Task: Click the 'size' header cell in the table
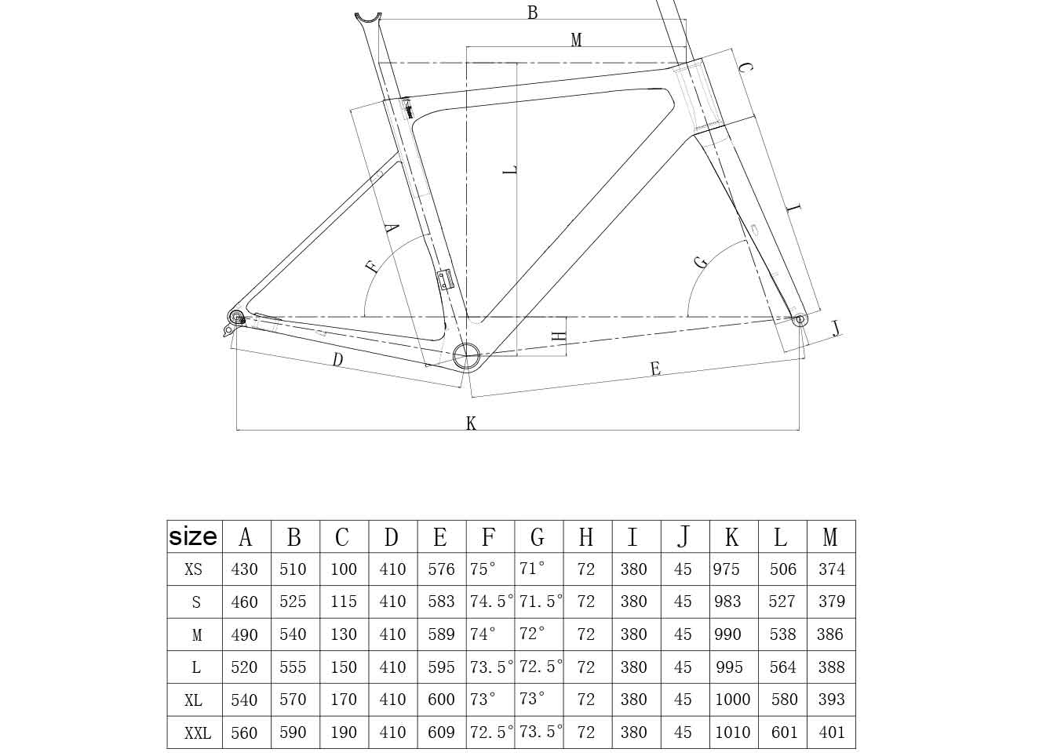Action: tap(194, 536)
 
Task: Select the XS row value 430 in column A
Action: tap(245, 569)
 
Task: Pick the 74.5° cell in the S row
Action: tap(490, 602)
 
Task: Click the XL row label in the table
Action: tap(194, 700)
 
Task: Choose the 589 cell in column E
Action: tap(441, 634)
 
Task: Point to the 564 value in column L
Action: tap(782, 667)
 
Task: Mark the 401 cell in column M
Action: tap(831, 732)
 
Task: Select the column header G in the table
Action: tap(538, 537)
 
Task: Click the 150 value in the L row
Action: tap(343, 667)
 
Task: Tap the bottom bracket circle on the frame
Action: tap(466, 355)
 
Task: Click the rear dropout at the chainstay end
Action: tap(235, 317)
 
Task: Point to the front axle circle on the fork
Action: tap(799, 319)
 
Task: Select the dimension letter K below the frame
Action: tap(471, 423)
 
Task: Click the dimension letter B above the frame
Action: tap(532, 13)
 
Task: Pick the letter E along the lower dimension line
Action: tap(655, 369)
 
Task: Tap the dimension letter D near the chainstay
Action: tap(337, 360)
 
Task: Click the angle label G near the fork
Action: tap(701, 262)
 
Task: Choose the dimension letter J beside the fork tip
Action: tap(836, 328)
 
